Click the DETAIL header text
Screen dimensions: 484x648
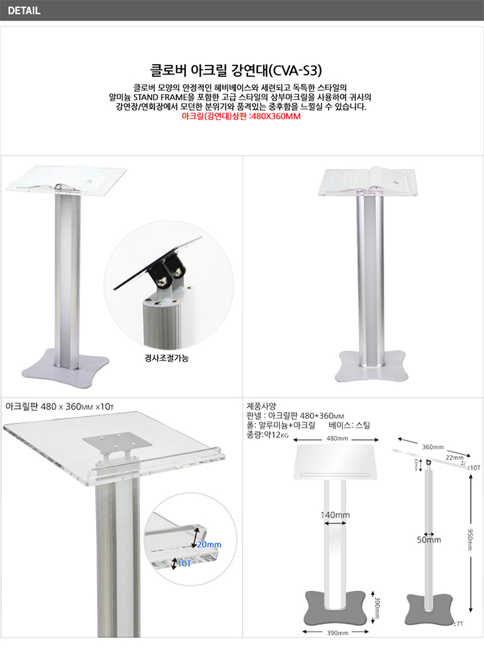pyautogui.click(x=24, y=11)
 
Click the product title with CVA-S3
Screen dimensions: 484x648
pyautogui.click(x=236, y=70)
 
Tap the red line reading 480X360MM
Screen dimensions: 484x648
pyautogui.click(x=241, y=116)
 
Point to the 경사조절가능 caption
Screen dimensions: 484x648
pyautogui.click(x=166, y=358)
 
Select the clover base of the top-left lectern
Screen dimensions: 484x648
pyautogui.click(x=66, y=368)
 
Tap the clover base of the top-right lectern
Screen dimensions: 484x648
pyautogui.click(x=371, y=367)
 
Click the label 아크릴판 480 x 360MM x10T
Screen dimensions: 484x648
pyautogui.click(x=60, y=407)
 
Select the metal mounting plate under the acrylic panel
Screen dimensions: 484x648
pyautogui.click(x=118, y=443)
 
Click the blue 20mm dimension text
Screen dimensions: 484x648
pyautogui.click(x=209, y=545)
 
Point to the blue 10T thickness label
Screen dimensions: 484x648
pyautogui.click(x=184, y=563)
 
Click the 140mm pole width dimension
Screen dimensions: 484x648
pyautogui.click(x=335, y=515)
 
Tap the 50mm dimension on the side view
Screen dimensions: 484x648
pyautogui.click(x=429, y=540)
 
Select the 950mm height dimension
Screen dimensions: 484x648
pyautogui.click(x=470, y=539)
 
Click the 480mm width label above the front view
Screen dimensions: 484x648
pyautogui.click(x=337, y=439)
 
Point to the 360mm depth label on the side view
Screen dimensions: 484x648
pyautogui.click(x=433, y=447)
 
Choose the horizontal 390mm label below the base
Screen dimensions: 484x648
pyautogui.click(x=337, y=633)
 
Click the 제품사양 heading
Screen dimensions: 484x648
pyautogui.click(x=261, y=406)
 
